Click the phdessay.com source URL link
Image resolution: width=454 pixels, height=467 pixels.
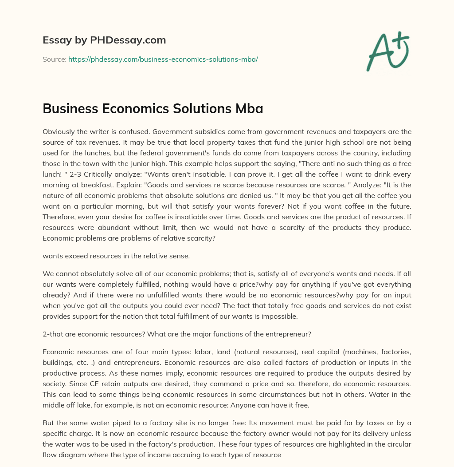[x=163, y=59]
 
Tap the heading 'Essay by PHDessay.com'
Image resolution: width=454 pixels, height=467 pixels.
[x=104, y=40]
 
